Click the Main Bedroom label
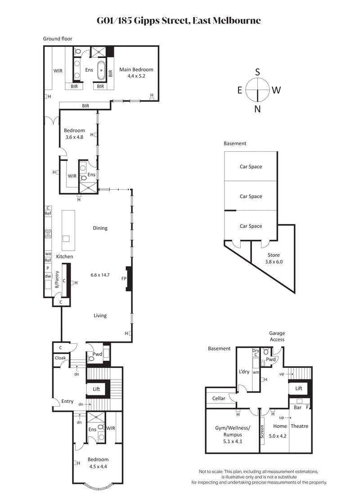pos(136,70)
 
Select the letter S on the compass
pos(257,72)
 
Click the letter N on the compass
pos(257,108)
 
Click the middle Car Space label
pos(251,196)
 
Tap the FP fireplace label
pos(123,279)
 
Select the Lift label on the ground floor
pos(96,389)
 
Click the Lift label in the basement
pos(299,388)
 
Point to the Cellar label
pos(219,398)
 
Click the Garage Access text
pos(277,336)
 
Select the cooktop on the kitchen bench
pos(48,233)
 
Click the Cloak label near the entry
pos(60,358)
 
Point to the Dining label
pos(100,228)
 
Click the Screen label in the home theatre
pos(262,432)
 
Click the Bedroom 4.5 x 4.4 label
pos(98,463)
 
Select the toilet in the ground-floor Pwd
pos(91,358)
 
